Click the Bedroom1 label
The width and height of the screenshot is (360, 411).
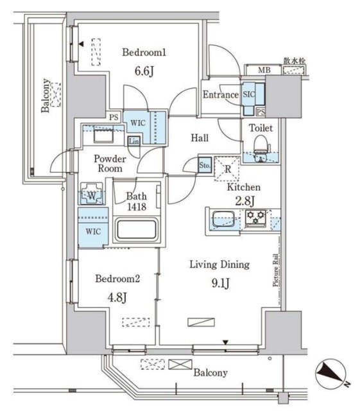(x=144, y=53)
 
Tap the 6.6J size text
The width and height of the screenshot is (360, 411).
(x=144, y=71)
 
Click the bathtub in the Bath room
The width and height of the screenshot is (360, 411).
(x=137, y=229)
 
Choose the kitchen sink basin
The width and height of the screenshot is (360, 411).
(x=224, y=219)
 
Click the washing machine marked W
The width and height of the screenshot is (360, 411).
(x=91, y=194)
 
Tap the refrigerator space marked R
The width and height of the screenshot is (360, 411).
(x=227, y=169)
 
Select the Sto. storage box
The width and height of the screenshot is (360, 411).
(x=205, y=165)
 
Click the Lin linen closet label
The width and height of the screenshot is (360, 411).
(x=133, y=141)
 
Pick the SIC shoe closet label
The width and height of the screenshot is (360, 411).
(x=248, y=94)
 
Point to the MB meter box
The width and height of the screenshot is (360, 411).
(x=264, y=70)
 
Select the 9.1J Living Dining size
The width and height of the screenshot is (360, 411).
(x=221, y=283)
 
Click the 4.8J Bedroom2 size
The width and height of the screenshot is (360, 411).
(x=117, y=297)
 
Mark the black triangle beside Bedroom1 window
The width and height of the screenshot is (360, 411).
(x=81, y=44)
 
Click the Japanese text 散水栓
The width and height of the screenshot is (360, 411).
(x=295, y=61)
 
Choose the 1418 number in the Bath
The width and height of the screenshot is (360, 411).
(x=137, y=207)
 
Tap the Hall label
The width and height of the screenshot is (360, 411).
(x=200, y=138)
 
